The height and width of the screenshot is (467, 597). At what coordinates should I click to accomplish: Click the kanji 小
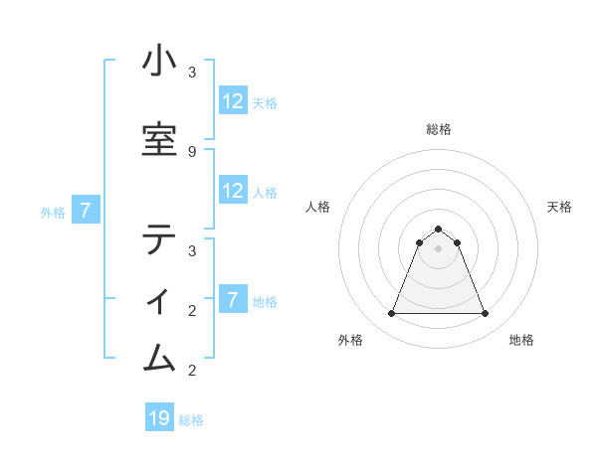coord(159,62)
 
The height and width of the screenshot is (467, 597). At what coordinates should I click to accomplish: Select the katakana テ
coord(159,239)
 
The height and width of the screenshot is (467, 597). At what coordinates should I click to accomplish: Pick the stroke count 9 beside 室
coord(192,151)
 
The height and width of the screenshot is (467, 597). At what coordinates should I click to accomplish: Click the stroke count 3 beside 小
coord(192,73)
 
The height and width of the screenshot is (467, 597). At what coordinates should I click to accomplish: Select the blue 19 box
coord(159,418)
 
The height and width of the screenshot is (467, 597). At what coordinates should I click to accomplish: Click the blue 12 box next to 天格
coord(233,101)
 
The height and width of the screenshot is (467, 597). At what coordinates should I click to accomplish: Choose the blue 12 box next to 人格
coord(233,191)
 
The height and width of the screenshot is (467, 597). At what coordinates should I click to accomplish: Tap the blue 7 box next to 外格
coord(86,210)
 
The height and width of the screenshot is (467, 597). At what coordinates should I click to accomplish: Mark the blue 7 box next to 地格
coord(233,300)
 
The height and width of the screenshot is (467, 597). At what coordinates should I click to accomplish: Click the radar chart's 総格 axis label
coord(438,129)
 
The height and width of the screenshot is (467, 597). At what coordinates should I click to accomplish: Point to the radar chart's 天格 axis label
coord(560,207)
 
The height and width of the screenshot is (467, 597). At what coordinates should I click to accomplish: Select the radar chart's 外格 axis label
coord(350,340)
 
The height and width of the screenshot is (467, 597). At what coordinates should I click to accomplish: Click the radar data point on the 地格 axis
coord(485,314)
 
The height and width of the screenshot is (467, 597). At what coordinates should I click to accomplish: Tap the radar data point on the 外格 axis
coord(391,314)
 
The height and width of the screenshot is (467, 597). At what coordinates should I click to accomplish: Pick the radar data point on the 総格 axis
coord(438,230)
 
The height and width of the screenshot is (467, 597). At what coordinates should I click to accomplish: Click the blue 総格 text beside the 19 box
coord(191,420)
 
